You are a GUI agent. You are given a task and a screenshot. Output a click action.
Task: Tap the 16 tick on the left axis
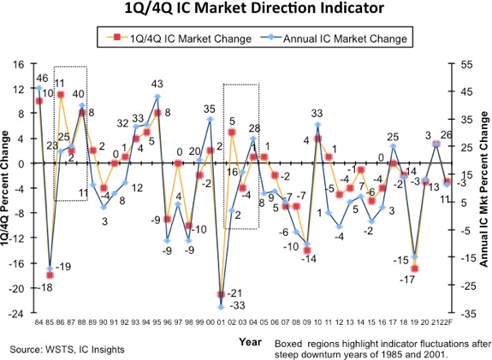15,63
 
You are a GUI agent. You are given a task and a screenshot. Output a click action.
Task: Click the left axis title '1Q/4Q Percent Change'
6,188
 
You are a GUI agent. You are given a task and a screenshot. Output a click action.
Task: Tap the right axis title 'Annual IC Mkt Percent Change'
484,188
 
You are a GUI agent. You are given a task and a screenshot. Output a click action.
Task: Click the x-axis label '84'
38,323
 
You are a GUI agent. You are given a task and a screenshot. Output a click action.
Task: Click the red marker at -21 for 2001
221,294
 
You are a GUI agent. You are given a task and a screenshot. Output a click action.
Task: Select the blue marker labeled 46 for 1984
39,88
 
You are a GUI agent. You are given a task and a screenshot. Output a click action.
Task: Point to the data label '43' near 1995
157,84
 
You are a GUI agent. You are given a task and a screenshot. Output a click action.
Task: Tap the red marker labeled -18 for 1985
50,275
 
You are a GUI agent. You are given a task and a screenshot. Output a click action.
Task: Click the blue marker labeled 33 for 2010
317,125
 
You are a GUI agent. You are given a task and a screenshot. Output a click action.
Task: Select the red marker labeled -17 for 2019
414,269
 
